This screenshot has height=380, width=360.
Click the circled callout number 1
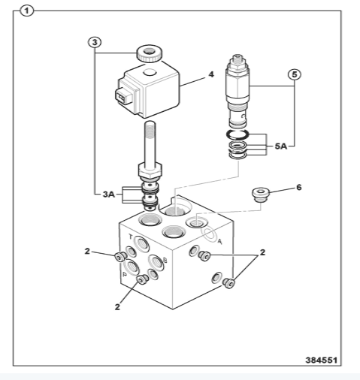click(26, 11)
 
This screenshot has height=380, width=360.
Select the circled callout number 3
click(95, 43)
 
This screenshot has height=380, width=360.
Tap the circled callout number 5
click(295, 74)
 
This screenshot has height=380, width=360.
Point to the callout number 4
click(211, 74)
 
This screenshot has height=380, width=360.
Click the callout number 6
click(299, 187)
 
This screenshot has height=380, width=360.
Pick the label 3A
click(109, 195)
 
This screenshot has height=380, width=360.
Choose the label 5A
click(281, 146)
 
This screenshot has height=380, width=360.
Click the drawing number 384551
click(322, 360)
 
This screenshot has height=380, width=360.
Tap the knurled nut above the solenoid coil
click(149, 53)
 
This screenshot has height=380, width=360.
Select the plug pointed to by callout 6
click(261, 195)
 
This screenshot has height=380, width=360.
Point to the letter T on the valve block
click(130, 237)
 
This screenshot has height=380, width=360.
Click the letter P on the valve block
click(124, 275)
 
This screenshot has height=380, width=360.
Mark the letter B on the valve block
click(165, 261)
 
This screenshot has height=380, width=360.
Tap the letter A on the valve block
click(219, 242)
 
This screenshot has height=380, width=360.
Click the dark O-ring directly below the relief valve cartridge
click(237, 134)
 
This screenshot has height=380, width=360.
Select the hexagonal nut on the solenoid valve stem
click(150, 170)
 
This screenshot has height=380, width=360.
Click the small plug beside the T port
click(120, 257)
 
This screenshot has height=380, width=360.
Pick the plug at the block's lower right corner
click(229, 283)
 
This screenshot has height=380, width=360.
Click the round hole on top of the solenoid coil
click(150, 72)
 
